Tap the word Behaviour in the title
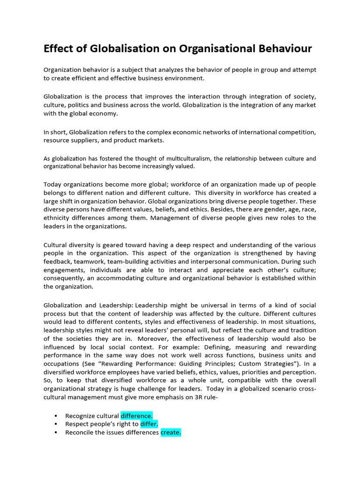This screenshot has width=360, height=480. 281,49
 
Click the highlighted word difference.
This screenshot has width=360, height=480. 136,416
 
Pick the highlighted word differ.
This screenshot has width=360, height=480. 149,424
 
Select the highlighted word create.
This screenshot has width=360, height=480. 171,433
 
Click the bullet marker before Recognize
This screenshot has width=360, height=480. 56,416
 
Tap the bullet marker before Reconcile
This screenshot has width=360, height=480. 56,433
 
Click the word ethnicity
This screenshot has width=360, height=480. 60,218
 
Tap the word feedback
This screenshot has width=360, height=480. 59,262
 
